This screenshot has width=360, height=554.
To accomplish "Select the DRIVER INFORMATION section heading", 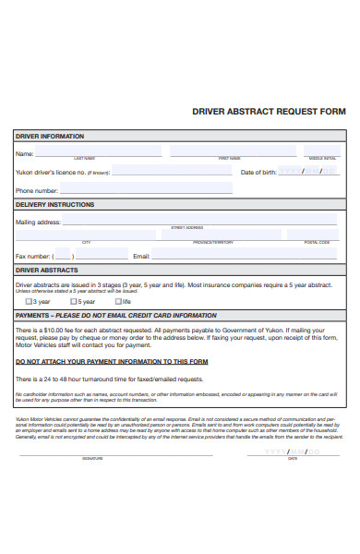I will (x=50, y=136).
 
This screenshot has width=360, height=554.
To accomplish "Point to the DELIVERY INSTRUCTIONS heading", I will (x=55, y=204).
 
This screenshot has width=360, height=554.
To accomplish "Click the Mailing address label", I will (x=38, y=222).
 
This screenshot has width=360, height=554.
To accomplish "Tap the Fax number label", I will (x=33, y=256).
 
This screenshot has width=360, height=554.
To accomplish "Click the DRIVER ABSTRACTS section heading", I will (x=46, y=271).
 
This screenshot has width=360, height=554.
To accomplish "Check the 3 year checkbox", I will (x=30, y=301).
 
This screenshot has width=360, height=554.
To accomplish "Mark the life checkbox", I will (x=117, y=301).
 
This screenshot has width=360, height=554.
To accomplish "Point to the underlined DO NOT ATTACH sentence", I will (x=112, y=361).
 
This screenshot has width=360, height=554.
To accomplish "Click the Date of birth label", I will (x=258, y=173).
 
